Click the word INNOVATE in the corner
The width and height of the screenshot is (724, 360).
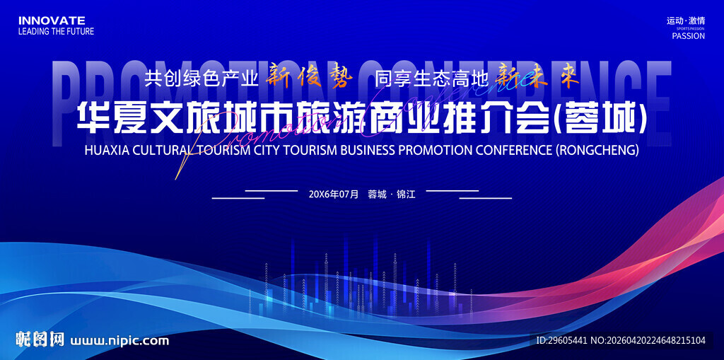[52, 21]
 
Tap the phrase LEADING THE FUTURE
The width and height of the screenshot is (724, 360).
[56, 31]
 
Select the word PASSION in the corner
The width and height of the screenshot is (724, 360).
[688, 36]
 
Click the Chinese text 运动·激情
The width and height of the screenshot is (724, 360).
[686, 21]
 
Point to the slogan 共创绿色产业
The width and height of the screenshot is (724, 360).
[201, 79]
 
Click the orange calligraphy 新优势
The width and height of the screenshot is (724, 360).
[308, 79]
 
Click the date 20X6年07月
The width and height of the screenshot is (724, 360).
[334, 194]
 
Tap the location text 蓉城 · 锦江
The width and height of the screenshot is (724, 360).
[392, 194]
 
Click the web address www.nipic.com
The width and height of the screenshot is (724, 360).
[120, 341]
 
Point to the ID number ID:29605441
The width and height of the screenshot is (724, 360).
[561, 341]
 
